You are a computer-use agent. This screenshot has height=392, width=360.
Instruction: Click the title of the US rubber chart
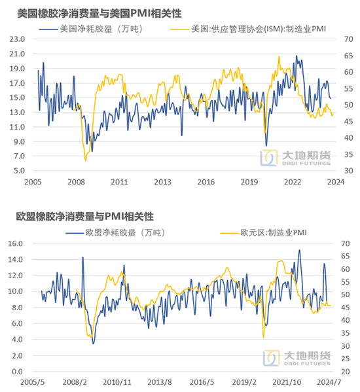coord(99,14)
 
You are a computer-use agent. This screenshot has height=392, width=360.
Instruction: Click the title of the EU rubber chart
coord(84,217)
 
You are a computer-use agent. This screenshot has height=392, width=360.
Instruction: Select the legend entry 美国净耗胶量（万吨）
coord(91,29)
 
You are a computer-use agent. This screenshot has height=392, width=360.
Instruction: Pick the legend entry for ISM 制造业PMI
coord(248,29)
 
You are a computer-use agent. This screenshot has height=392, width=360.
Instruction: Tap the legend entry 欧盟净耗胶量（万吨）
coord(115,233)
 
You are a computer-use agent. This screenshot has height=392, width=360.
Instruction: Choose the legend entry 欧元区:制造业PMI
coord(264,233)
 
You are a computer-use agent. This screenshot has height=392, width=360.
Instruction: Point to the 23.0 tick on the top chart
coord(17,39)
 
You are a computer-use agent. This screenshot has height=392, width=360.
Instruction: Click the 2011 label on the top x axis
coord(119,182)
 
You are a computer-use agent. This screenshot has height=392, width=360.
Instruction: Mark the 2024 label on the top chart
coord(336,182)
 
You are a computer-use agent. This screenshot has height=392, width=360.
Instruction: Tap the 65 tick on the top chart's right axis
coord(348,56)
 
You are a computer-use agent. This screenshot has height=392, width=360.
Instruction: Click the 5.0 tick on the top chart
coord(19,171)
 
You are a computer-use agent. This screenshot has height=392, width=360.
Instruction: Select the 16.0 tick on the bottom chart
coord(15,243)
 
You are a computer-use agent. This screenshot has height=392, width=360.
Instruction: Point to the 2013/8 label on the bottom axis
coord(160,382)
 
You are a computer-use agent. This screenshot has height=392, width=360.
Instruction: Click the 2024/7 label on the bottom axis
coord(329,382)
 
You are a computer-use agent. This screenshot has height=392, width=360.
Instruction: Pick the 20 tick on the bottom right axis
coord(346,372)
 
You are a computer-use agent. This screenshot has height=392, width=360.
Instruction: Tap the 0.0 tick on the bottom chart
coord(17,372)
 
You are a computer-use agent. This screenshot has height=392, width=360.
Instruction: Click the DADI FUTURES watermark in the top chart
coord(295,158)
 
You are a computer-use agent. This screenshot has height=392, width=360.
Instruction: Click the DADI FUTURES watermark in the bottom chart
coord(297,358)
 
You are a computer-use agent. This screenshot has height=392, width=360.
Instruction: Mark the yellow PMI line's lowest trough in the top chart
coord(86,160)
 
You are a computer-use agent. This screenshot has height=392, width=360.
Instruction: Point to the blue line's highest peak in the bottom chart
coord(299,250)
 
